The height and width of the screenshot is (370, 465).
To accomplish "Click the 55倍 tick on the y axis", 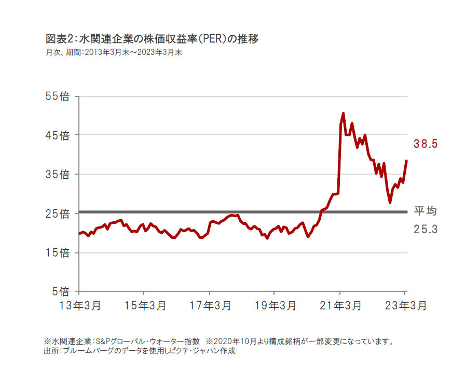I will [x=59, y=96].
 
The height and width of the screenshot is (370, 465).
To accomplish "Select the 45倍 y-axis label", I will [x=59, y=135].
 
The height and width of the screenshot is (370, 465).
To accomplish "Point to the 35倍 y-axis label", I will [x=59, y=175].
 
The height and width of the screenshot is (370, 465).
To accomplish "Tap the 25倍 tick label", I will [x=59, y=214].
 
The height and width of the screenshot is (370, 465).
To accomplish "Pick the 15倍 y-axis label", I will [x=59, y=253].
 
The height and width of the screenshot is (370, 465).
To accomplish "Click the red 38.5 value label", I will [x=426, y=144].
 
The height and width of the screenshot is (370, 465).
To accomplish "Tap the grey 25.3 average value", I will [x=425, y=228].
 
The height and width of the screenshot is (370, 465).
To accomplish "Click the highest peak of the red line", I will [x=344, y=113].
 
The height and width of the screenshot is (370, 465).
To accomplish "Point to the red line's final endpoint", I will [x=406, y=161].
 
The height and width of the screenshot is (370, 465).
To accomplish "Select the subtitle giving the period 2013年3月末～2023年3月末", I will [x=114, y=52].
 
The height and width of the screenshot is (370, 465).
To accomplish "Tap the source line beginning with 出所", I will [x=140, y=351].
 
